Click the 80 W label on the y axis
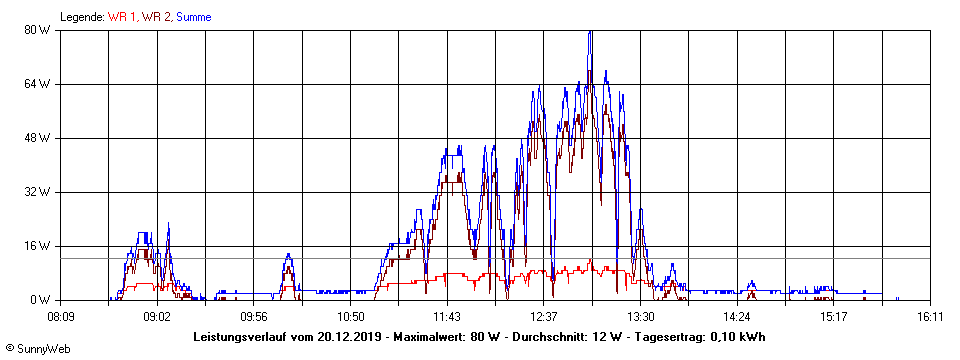coord(37,30)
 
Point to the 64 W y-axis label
coord(37,84)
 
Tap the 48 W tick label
coord(37,138)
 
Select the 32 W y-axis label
coord(37,192)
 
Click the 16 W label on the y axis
coord(37,246)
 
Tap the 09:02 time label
coord(157,317)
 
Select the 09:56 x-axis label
coord(254,317)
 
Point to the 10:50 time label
coord(350,317)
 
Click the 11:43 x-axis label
coord(447,317)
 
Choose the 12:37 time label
coord(543,317)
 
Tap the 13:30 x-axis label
coord(640,317)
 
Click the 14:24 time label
coord(737,317)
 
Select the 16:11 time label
coord(930,317)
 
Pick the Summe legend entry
coord(193,17)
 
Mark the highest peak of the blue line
coord(591,32)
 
